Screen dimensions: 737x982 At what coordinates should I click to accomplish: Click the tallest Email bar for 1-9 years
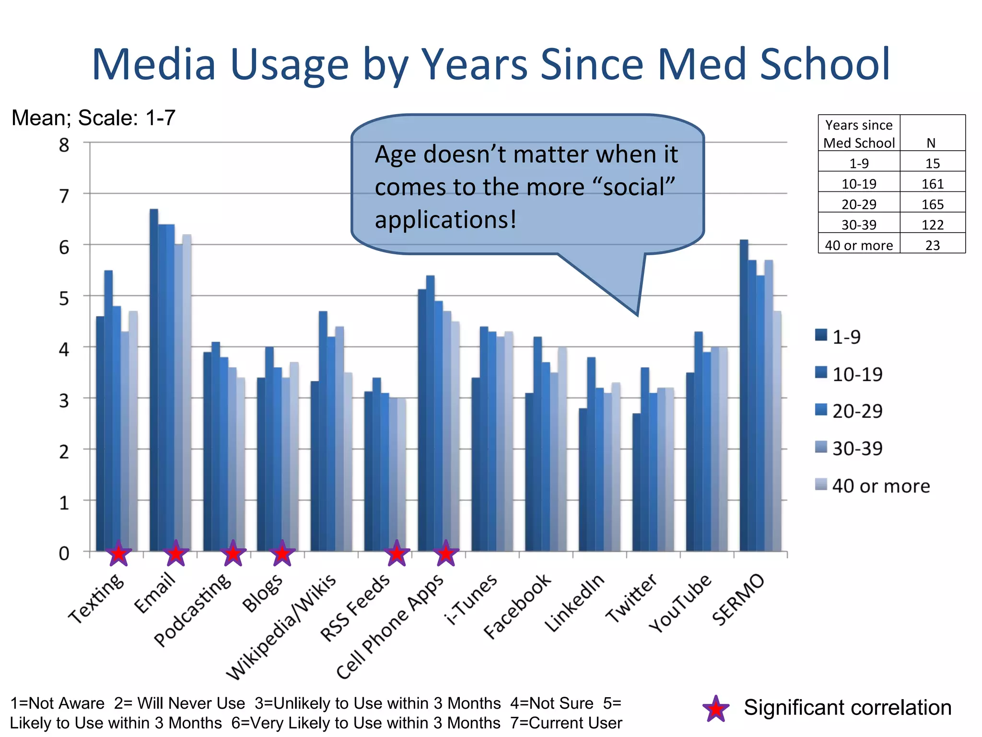[x=154, y=379]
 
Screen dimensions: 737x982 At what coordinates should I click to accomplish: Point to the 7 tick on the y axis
[x=64, y=196]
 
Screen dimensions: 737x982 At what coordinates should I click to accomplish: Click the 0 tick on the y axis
[x=64, y=553]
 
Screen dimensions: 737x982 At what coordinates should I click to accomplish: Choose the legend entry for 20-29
[x=857, y=411]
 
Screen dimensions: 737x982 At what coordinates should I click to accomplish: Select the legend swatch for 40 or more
[x=821, y=485]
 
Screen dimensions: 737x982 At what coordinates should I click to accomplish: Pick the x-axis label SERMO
[x=738, y=600]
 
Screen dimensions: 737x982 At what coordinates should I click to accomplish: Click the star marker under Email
[x=176, y=554]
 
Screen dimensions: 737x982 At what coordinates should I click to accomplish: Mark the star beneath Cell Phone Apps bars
[x=446, y=554]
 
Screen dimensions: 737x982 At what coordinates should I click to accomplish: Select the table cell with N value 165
[x=932, y=204]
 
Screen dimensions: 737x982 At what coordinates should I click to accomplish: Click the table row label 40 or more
[x=858, y=245]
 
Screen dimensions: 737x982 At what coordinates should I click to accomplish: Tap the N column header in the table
[x=931, y=143]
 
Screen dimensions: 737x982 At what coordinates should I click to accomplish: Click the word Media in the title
[x=153, y=64]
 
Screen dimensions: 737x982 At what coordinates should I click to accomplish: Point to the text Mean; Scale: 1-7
[x=94, y=118]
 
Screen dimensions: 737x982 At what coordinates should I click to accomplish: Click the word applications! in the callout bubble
[x=445, y=220]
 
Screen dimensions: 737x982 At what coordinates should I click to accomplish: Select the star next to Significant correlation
[x=715, y=709]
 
